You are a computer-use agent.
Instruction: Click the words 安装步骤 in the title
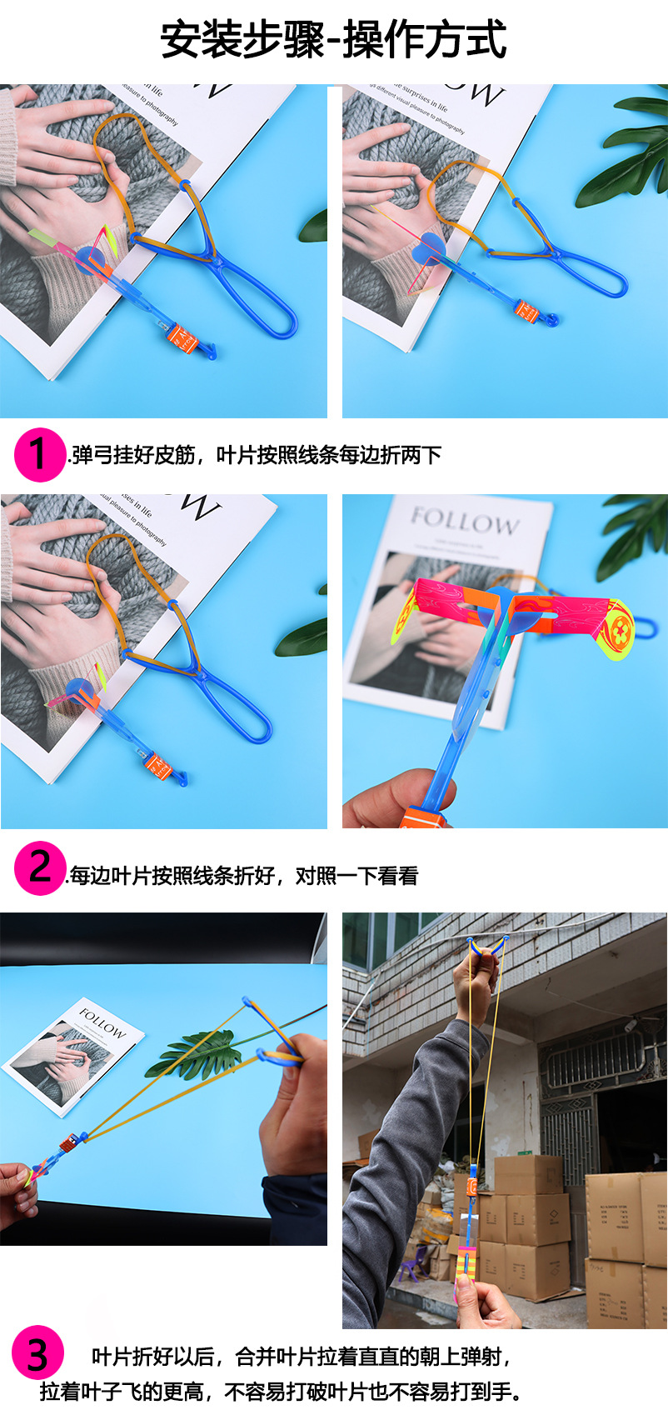click(242, 39)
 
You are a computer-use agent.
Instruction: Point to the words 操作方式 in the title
click(425, 39)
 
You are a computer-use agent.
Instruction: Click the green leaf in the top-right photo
click(625, 154)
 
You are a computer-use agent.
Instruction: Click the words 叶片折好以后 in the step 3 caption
click(153, 1357)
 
